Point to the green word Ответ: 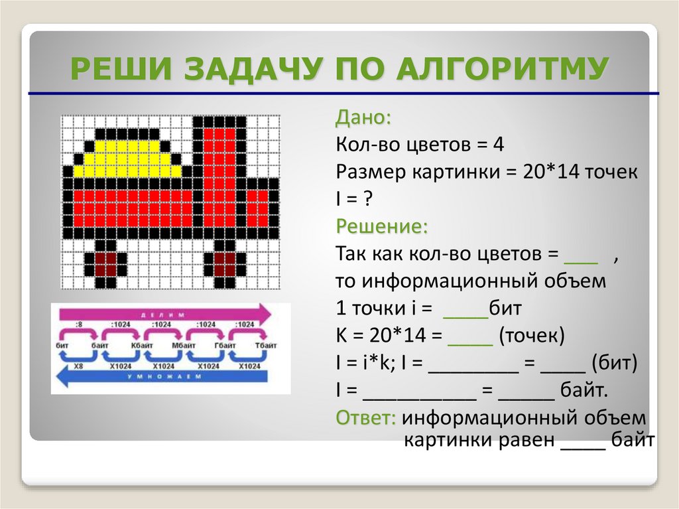pyautogui.click(x=366, y=418)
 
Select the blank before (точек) pyautogui.click(x=470, y=336)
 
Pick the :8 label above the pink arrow pyautogui.click(x=80, y=325)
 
